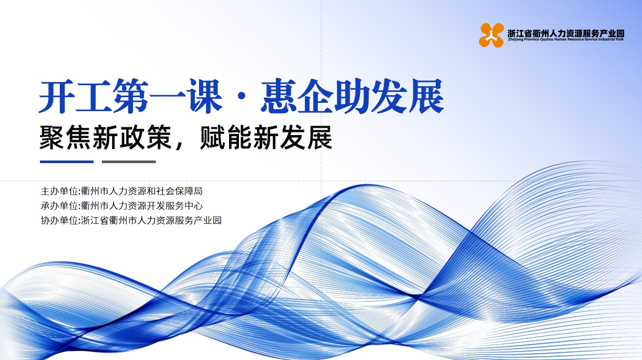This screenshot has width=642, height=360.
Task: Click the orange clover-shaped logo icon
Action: click(491, 35)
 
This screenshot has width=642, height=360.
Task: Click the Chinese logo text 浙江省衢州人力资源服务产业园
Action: click(566, 33)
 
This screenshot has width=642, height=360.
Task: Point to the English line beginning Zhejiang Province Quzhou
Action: click(566, 39)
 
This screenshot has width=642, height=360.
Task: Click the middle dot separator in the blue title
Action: click(242, 97)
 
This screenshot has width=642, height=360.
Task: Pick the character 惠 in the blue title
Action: click(278, 96)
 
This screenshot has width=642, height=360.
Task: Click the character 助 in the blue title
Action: click(352, 96)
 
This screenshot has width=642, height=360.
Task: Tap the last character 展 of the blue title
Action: click(426, 96)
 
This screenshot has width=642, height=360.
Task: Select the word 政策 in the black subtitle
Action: click(145, 138)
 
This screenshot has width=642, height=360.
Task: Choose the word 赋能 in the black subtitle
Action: click(225, 138)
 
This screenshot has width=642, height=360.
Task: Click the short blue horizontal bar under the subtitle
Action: click(67, 162)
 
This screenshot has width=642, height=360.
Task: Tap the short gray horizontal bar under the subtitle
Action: click(129, 162)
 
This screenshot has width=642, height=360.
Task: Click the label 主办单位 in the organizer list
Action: click(59, 191)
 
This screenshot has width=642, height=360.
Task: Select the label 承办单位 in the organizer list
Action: click(59, 206)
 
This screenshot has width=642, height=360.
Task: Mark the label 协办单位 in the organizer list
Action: click(59, 220)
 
